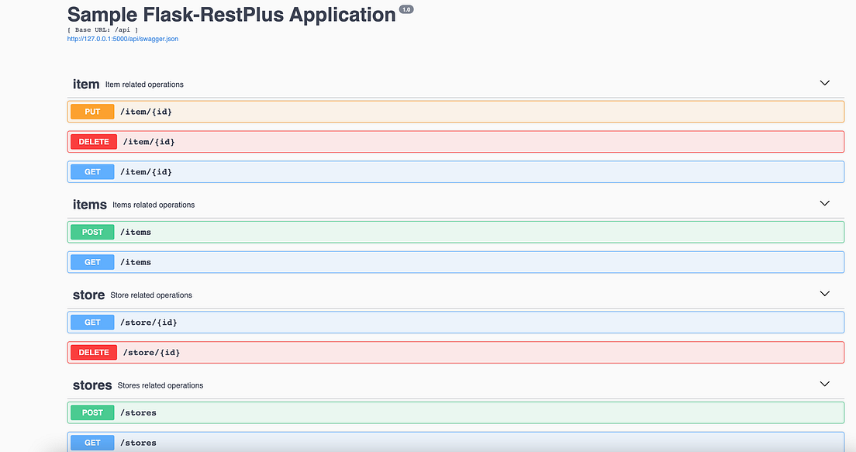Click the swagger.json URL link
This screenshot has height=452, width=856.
point(123,39)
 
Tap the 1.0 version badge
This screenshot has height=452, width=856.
point(406,9)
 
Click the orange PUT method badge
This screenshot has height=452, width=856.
point(92,112)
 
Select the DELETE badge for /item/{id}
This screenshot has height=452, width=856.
point(94,141)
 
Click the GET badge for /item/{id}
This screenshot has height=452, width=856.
point(92,171)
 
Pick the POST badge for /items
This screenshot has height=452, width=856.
point(92,232)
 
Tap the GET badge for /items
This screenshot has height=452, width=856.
point(92,262)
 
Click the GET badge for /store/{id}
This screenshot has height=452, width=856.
point(92,322)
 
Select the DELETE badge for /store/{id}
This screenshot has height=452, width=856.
point(94,352)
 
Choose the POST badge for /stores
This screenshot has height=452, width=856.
point(92,412)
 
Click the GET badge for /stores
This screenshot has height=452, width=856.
point(92,443)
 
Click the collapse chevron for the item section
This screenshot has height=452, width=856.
point(824,83)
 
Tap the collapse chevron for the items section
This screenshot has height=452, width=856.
point(824,203)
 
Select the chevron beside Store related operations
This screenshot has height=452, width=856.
point(824,294)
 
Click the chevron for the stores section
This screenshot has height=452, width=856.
point(824,384)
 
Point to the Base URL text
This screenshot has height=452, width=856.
point(102,29)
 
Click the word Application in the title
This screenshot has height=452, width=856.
point(342,16)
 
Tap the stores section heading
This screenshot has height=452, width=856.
point(92,385)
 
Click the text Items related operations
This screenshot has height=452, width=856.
point(154,205)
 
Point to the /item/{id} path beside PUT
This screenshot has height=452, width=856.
point(146,112)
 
